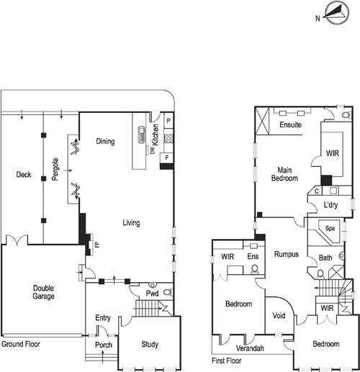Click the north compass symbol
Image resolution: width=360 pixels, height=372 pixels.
coord(336,12)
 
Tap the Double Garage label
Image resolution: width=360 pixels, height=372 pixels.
coord(43,292)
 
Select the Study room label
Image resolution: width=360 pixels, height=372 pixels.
coord(150,345)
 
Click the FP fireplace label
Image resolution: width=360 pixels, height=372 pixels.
coord(97,245)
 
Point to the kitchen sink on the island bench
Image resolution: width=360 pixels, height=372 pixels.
coord(142,135)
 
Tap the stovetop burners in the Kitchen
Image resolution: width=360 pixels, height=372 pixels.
coord(168,138)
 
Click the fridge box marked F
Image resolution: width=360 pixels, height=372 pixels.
coord(167,158)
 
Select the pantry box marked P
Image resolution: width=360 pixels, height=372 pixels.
coord(168,121)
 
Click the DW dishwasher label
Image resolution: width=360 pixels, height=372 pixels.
coord(153,150)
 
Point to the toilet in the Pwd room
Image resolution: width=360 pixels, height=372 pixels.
coord(168,292)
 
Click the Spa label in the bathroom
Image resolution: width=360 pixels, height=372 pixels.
coord(330,228)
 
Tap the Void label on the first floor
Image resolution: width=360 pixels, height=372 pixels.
coord(279,316)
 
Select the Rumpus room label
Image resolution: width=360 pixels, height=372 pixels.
coord(287,254)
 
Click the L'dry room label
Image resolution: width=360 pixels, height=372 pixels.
coord(330,205)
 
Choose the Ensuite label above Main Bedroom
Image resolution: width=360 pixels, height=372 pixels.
coord(291,124)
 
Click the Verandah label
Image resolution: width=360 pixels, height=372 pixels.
coord(250,348)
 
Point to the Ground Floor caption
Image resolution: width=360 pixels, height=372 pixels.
coord(21,344)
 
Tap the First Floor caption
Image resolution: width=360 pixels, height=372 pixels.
coord(227,360)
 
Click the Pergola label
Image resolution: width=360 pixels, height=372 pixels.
coord(55,169)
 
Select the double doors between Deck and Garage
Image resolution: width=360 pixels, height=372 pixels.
coord(17,240)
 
